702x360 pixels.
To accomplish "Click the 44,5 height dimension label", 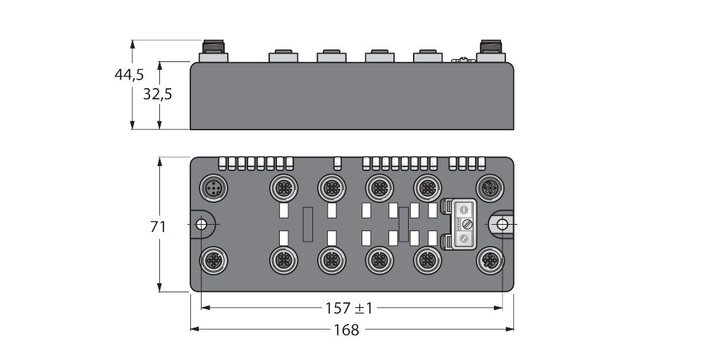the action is pos(129,75).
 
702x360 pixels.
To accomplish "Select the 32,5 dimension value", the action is pos(158,94).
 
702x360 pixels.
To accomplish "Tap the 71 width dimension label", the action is pos(158,227).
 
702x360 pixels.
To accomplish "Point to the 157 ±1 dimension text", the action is pos(349,308).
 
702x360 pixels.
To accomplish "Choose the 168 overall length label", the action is pos(347,330).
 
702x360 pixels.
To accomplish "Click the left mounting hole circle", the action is pos(202,224).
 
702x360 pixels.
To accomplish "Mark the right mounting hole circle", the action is pos(503,224).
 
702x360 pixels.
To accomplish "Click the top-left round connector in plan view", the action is pos(214,188).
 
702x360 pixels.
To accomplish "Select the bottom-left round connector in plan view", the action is pos(214,261).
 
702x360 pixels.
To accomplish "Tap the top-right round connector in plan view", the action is pos(491,188).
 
